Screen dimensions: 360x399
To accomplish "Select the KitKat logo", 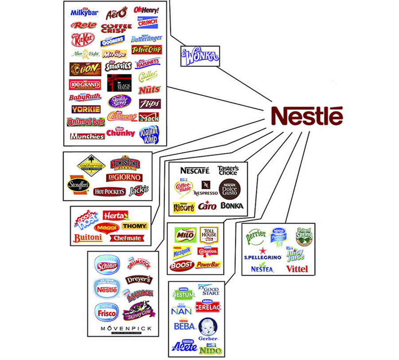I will click(x=82, y=39).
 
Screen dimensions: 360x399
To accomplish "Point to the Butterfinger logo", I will click(x=146, y=39).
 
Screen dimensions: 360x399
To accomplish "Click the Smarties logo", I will click(x=118, y=66).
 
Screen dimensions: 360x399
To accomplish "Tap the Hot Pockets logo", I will click(x=108, y=192).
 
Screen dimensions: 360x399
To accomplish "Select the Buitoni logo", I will click(x=88, y=238).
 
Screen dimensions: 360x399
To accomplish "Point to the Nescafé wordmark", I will click(x=195, y=170).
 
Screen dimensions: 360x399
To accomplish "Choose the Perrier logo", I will click(x=256, y=235).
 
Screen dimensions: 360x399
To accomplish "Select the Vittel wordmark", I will click(x=297, y=269).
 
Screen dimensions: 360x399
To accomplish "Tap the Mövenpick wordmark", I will click(x=119, y=328).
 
